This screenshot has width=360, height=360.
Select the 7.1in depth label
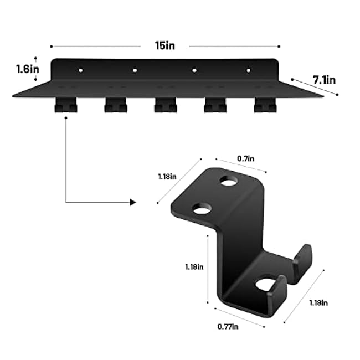[x=324, y=80]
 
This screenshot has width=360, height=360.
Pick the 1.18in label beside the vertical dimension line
[x=194, y=266]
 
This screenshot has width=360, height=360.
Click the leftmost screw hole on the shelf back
[x=80, y=71]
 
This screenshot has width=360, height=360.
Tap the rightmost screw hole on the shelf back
[x=248, y=70]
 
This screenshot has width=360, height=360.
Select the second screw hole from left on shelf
[x=135, y=71]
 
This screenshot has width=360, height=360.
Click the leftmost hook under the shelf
[x=65, y=105]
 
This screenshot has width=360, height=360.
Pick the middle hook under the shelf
[x=165, y=105]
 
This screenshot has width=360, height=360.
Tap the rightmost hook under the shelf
[x=265, y=105]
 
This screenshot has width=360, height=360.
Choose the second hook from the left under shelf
[x=115, y=105]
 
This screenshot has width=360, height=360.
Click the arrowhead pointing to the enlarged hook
[x=132, y=203]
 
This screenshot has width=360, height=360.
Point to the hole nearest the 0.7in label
[x=228, y=181]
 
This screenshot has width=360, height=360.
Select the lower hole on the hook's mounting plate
[x=202, y=209]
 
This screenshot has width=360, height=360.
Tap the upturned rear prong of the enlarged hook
[x=302, y=260]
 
